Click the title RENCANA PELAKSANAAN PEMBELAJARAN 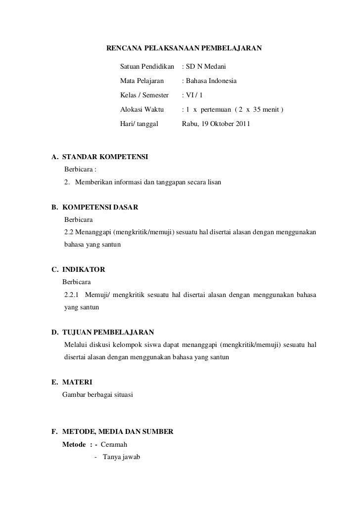[185, 48]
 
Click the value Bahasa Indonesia [211, 80]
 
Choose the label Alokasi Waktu [142, 109]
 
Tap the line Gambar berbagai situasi [97, 395]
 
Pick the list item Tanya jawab [121, 457]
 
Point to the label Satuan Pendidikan [147, 66]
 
